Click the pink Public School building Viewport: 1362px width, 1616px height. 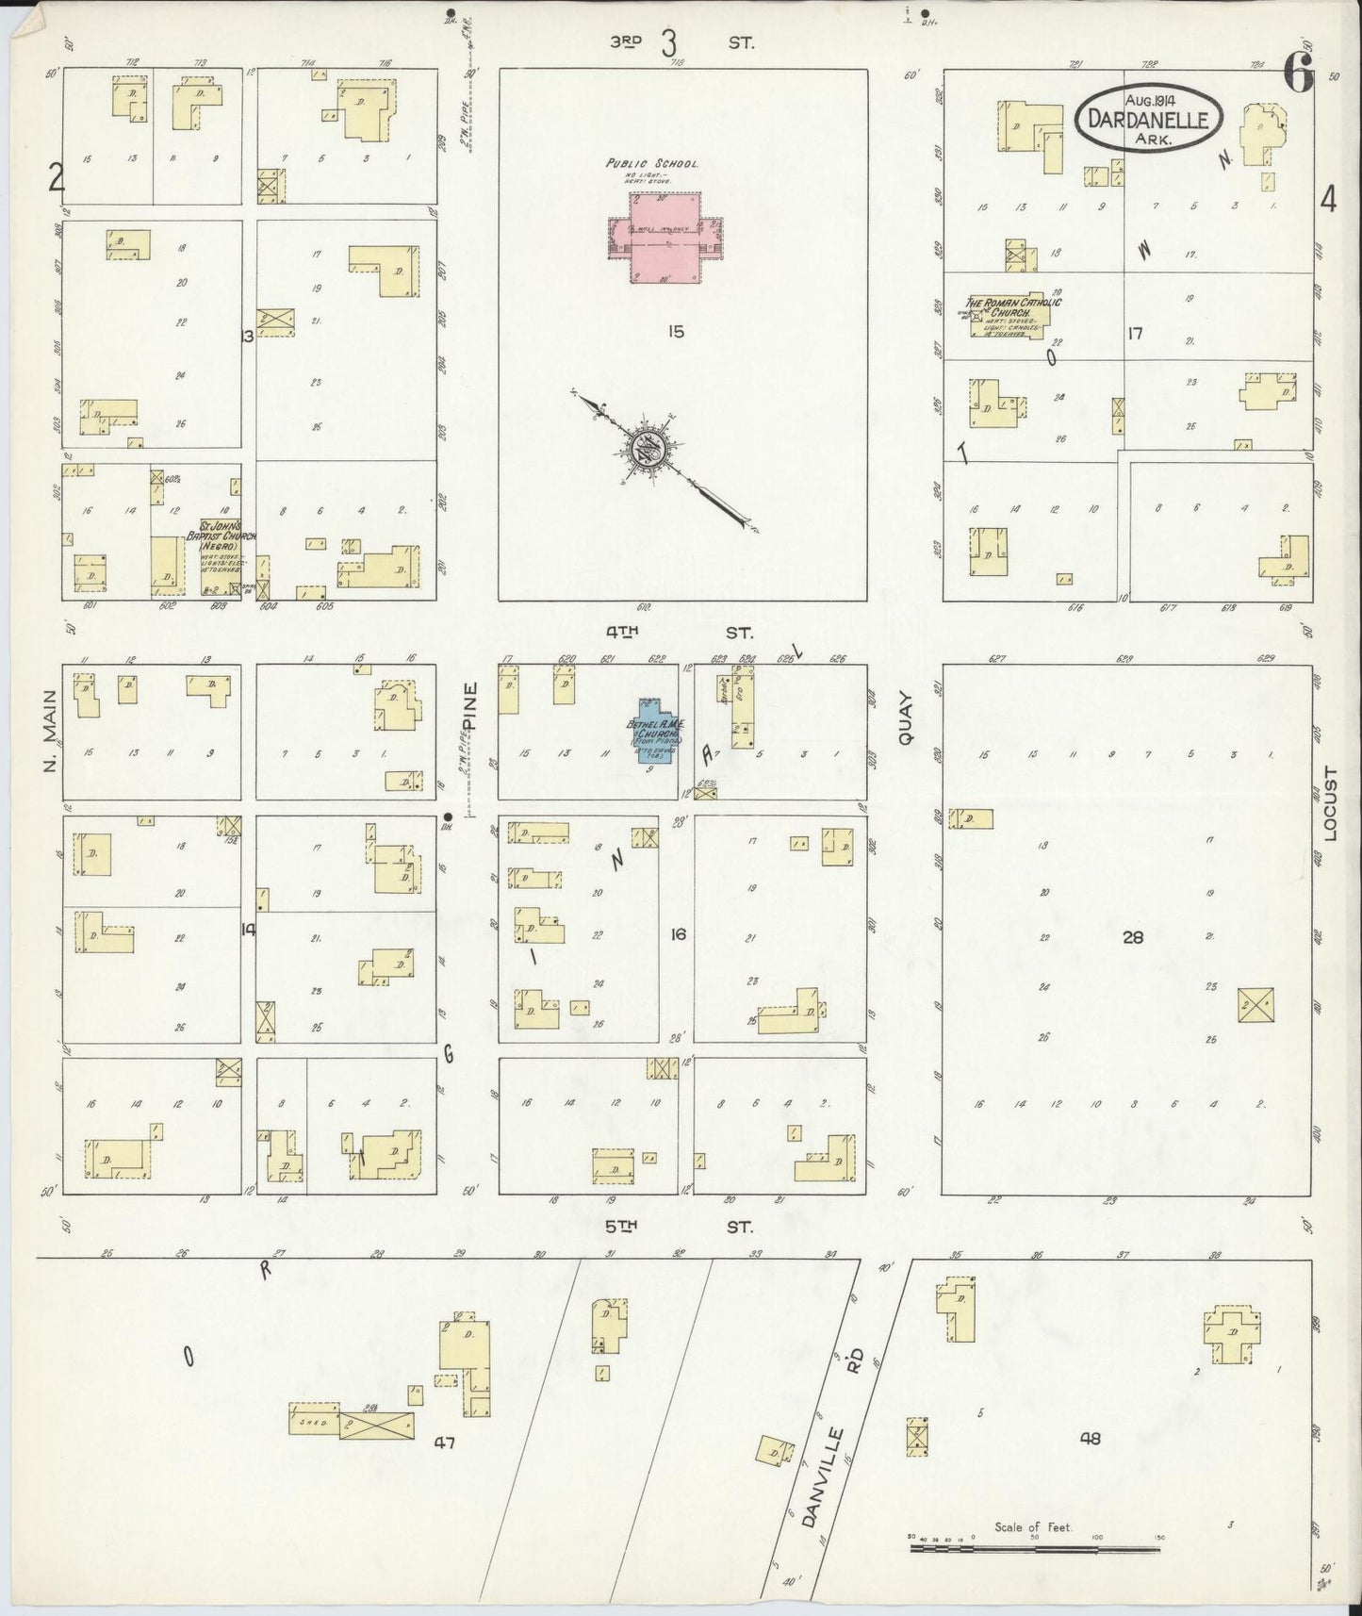(665, 238)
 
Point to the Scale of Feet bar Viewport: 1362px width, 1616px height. (1033, 1548)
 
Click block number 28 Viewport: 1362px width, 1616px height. (1133, 937)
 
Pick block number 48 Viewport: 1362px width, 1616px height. (1091, 1438)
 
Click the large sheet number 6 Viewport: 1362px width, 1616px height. (1298, 75)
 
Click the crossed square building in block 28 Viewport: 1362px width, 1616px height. (1255, 1004)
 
